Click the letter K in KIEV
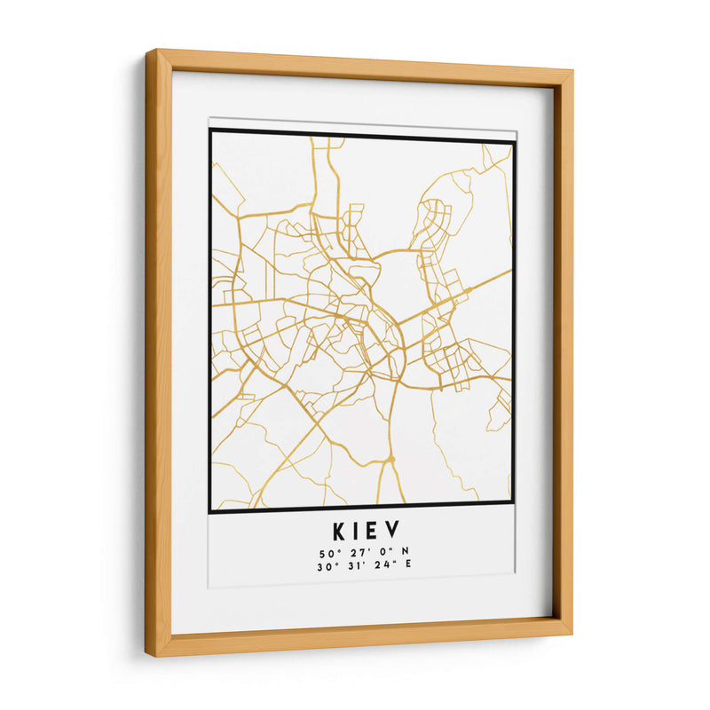(x=341, y=532)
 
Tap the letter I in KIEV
(x=359, y=532)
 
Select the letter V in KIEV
(x=396, y=532)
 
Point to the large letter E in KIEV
(x=376, y=532)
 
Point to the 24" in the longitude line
(x=372, y=564)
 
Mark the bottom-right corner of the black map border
(x=514, y=504)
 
